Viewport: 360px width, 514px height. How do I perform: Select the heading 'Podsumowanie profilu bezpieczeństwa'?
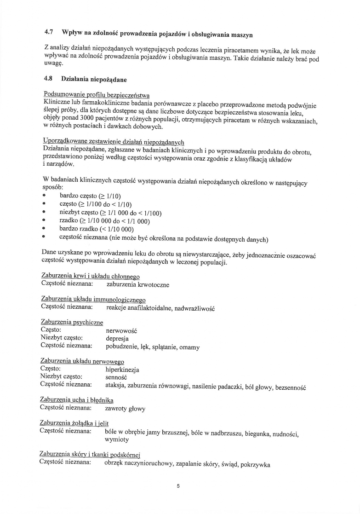click(x=96, y=94)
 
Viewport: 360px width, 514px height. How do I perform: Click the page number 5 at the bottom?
click(x=178, y=485)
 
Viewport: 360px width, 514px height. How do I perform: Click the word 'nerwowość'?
click(x=121, y=331)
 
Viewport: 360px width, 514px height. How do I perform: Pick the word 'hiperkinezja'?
click(x=122, y=370)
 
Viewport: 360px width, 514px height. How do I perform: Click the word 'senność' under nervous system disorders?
click(x=116, y=377)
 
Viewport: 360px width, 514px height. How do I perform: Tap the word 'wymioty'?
click(x=117, y=440)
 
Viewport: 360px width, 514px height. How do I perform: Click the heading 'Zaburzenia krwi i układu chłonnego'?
click(x=90, y=276)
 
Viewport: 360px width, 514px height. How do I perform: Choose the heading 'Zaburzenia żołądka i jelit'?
click(x=74, y=423)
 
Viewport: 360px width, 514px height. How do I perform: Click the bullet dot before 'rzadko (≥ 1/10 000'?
click(x=43, y=221)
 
